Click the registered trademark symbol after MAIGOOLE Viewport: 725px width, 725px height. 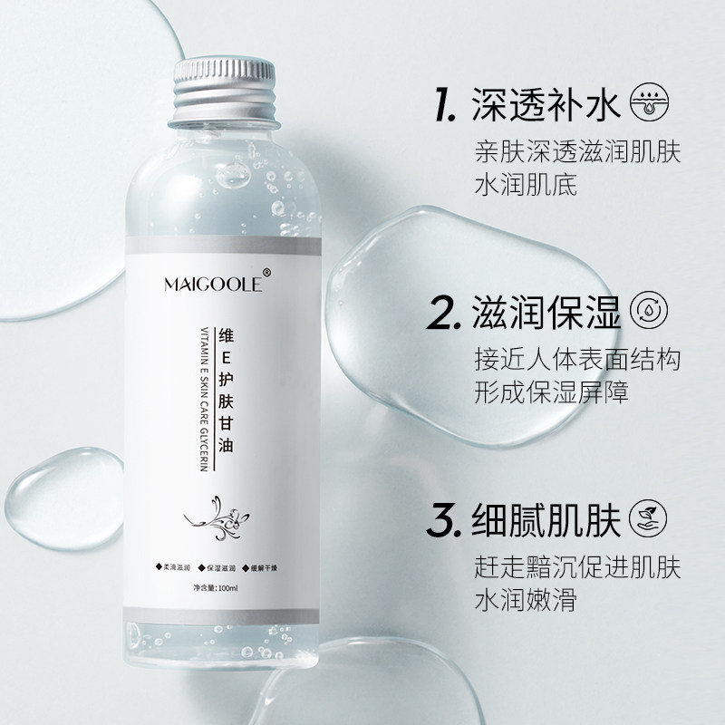coord(266,272)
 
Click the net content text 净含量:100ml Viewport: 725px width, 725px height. coord(216,590)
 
